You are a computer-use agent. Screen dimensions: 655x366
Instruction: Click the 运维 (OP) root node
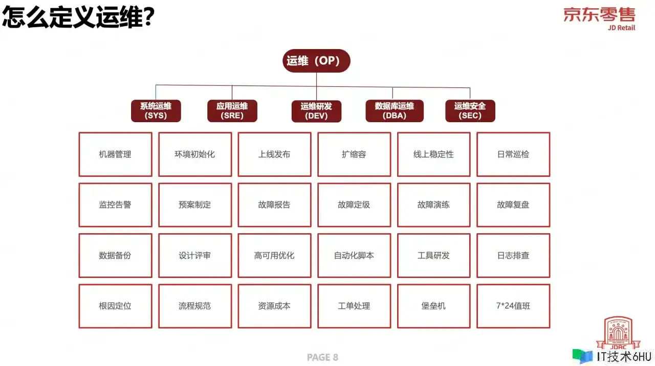(316, 61)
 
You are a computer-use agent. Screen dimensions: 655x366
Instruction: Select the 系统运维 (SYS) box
(156, 111)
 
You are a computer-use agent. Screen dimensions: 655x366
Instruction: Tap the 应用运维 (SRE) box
(232, 111)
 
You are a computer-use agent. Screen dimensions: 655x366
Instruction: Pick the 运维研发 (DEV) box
(316, 111)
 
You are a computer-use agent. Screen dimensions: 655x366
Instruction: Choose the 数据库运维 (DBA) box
(395, 111)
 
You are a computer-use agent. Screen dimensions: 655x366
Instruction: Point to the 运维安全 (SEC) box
(470, 111)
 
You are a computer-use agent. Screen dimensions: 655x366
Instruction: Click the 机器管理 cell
(115, 154)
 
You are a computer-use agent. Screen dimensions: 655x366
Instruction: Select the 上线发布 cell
(274, 154)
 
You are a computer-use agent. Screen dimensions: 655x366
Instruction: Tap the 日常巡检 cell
(513, 154)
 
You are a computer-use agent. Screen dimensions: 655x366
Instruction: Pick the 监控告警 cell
(115, 205)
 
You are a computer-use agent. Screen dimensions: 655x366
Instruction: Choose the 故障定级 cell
(354, 205)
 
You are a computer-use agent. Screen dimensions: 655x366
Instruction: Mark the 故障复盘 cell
(513, 205)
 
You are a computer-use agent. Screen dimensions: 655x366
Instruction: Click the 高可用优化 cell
(274, 256)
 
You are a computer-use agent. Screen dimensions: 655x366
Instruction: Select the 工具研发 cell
(433, 256)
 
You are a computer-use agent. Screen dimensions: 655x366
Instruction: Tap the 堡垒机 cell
(433, 306)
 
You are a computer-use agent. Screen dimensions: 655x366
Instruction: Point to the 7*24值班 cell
(513, 306)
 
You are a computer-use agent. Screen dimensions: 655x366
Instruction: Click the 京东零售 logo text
(599, 15)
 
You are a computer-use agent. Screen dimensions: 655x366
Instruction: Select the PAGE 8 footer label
(322, 357)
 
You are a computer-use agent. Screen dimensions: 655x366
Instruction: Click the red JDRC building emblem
(618, 333)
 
